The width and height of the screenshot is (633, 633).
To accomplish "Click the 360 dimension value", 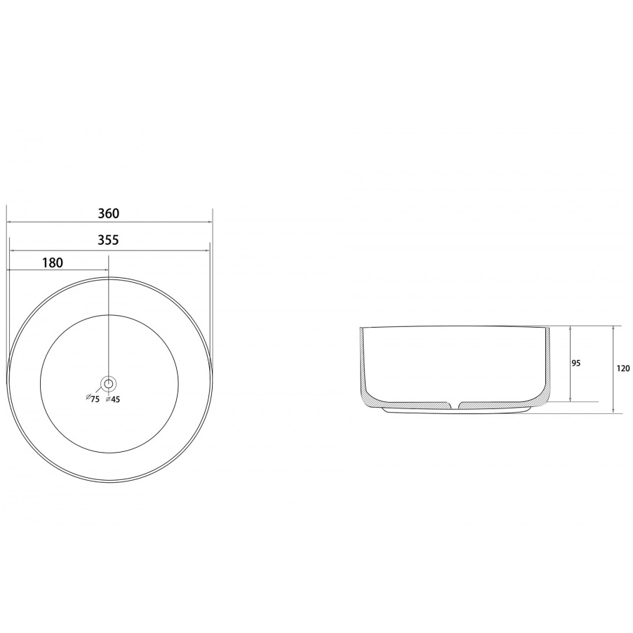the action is (109, 213).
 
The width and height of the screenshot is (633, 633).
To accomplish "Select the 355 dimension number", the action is (108, 240).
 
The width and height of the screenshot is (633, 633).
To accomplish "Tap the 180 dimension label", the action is (53, 262).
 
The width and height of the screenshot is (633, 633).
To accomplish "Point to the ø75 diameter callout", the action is (93, 398).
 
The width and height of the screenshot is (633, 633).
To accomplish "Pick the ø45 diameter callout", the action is (112, 399).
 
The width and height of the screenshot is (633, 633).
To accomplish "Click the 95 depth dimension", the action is (576, 364).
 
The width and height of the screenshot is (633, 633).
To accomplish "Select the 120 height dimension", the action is (623, 368).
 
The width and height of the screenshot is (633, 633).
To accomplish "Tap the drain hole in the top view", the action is (109, 383).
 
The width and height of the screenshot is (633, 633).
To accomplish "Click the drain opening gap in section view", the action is (455, 404).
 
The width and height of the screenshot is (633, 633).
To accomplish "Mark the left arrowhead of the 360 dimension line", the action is (9, 222).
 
